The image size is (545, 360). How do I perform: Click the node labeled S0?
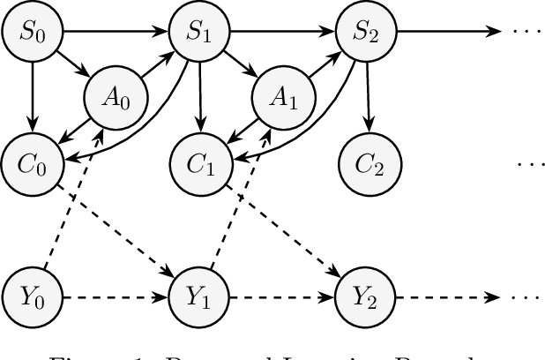pos(31,34)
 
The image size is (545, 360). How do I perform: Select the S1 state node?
pos(198,34)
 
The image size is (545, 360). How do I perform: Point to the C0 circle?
pos(31,164)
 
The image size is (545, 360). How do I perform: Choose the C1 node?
pos(198,164)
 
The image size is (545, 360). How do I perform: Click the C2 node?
pos(367,164)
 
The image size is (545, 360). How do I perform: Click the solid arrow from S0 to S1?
pos(115,34)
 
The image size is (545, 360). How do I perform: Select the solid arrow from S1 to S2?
pos(282,34)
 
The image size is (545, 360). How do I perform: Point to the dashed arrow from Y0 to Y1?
pos(115,296)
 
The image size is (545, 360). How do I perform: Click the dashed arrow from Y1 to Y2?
pos(282,296)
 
